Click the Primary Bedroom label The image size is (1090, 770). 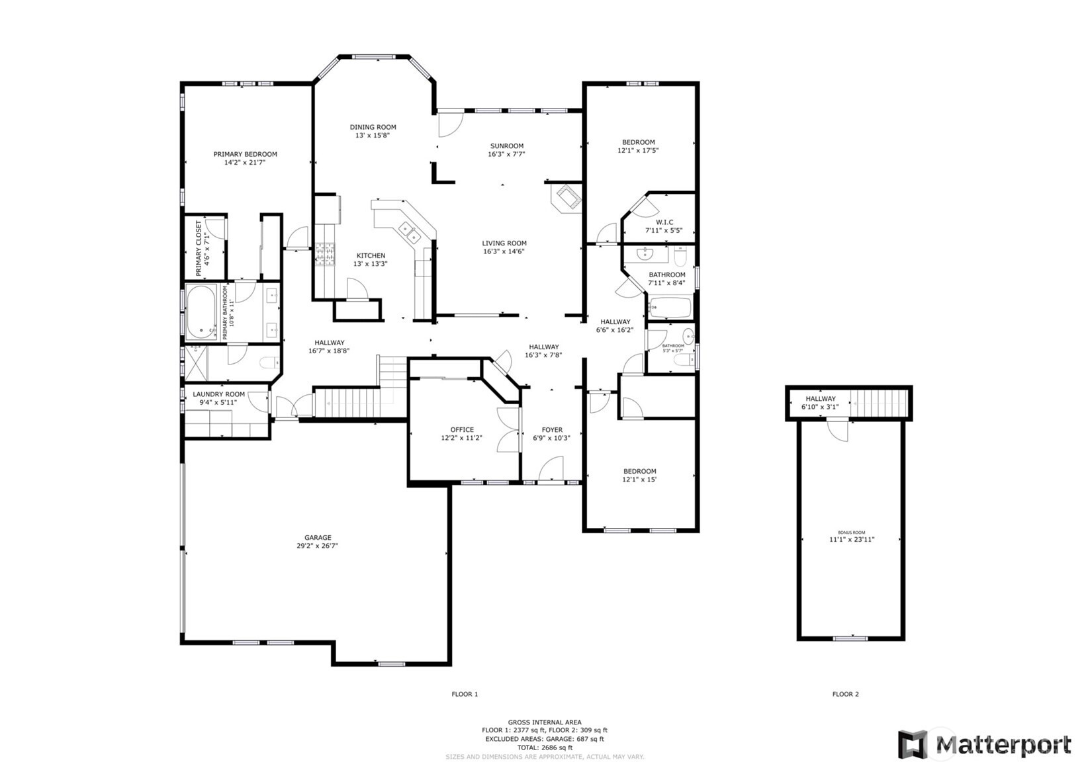click(x=245, y=154)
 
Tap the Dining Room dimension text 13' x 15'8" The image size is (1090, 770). click(x=373, y=136)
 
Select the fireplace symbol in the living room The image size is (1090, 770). click(x=567, y=197)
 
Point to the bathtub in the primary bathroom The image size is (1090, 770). click(x=201, y=311)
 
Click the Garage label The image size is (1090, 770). click(x=318, y=538)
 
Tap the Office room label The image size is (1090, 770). click(x=462, y=430)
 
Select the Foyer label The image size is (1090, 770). click(x=552, y=430)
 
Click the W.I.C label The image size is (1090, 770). click(x=664, y=222)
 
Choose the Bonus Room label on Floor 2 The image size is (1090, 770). click(x=851, y=533)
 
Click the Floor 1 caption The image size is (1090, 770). click(x=465, y=694)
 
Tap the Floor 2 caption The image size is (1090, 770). click(x=845, y=694)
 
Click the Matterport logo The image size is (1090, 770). click(x=984, y=745)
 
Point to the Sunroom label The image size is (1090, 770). click(x=507, y=146)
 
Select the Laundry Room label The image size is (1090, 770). click(x=218, y=394)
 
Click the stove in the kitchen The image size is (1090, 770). click(x=324, y=254)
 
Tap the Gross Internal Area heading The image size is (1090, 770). click(x=545, y=722)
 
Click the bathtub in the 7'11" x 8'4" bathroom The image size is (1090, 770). click(x=670, y=308)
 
